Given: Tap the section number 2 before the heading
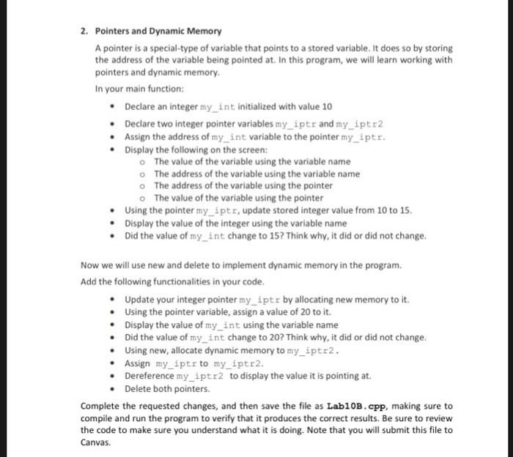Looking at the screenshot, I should click(84, 31).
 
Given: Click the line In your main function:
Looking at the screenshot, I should click(129, 89).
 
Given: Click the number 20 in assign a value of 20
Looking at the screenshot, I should click(286, 312).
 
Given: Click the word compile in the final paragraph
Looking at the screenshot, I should click(97, 418).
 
